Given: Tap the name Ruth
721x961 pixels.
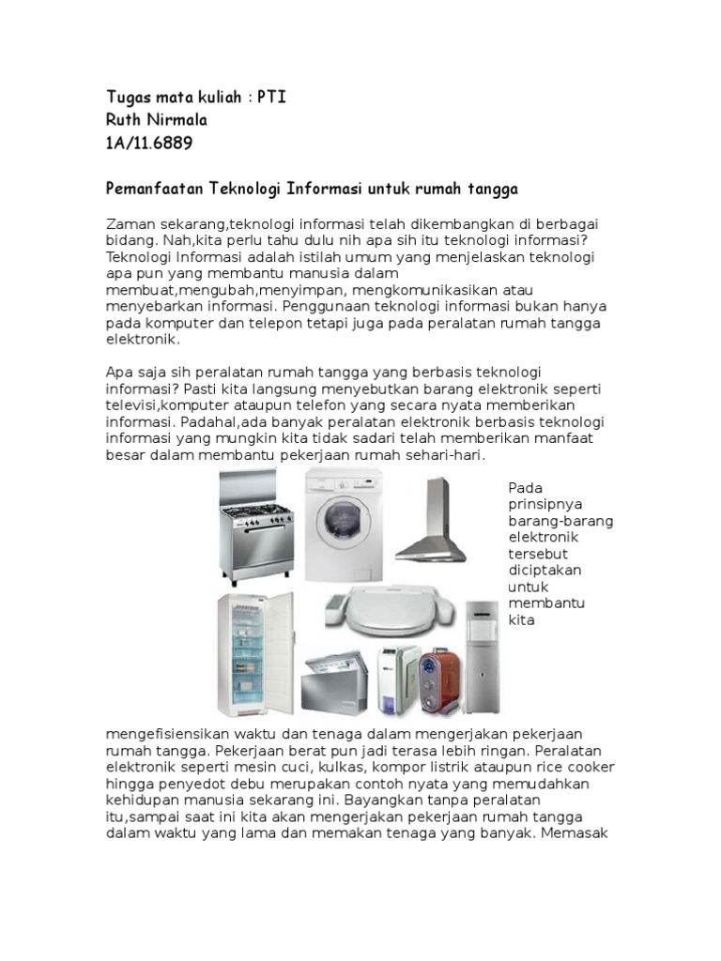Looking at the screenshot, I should [x=127, y=121].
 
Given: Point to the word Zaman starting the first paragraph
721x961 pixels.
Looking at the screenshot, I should [x=130, y=223].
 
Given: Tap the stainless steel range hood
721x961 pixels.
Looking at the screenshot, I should [x=432, y=526].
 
